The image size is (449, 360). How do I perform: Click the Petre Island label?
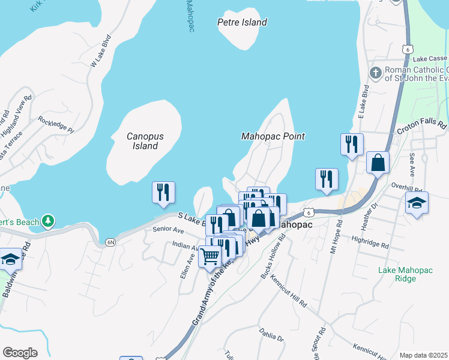(241, 22)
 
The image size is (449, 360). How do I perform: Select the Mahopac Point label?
(273, 136)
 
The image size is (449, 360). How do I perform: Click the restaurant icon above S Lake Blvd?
(163, 193)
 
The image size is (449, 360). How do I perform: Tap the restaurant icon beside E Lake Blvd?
(352, 145)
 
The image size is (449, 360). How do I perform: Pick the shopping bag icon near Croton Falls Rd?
(378, 163)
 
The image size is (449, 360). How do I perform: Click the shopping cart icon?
(209, 256)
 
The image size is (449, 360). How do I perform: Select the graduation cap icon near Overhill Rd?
(417, 203)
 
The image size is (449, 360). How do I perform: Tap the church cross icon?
(376, 73)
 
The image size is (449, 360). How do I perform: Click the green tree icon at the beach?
(49, 222)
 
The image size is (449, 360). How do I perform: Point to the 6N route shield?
(110, 242)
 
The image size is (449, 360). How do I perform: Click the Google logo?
(20, 353)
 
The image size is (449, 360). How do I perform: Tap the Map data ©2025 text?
(423, 355)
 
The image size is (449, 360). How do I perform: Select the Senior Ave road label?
(167, 230)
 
